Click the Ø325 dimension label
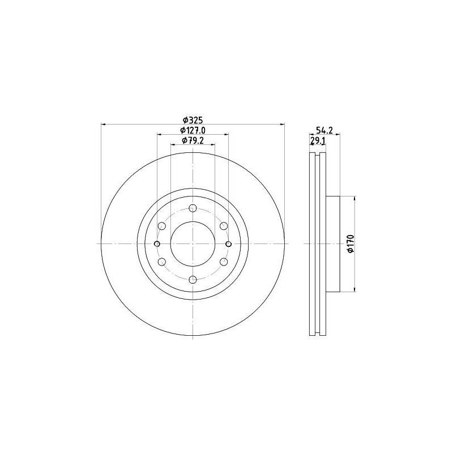pyautogui.click(x=193, y=119)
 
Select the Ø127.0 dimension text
pyautogui.click(x=193, y=130)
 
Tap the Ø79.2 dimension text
pyautogui.click(x=193, y=140)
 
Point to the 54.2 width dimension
pyautogui.click(x=324, y=130)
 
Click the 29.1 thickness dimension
pyautogui.click(x=318, y=140)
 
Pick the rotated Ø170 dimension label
pyautogui.click(x=351, y=244)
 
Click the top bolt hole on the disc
pyautogui.click(x=193, y=208)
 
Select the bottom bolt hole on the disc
pyautogui.click(x=193, y=280)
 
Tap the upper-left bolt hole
pyautogui.click(x=162, y=226)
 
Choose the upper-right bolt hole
pyautogui.click(x=224, y=226)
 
